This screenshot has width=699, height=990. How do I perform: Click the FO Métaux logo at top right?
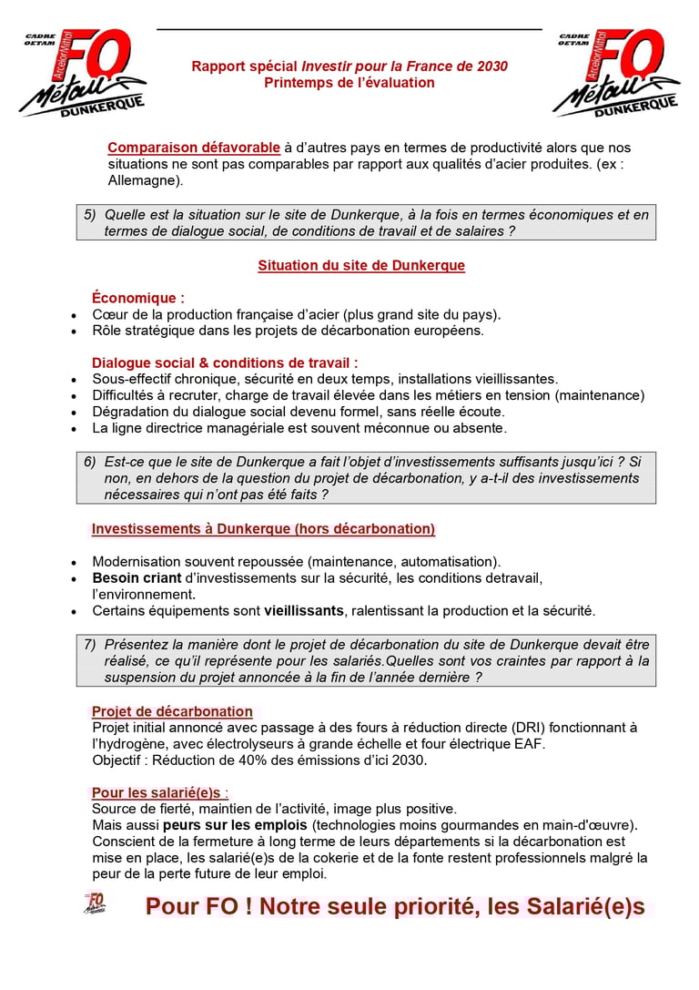point(617,73)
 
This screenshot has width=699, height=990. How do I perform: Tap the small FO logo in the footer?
point(95,903)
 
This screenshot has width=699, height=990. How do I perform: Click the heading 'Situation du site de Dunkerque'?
point(361,266)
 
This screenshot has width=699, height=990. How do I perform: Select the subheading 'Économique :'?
point(138,298)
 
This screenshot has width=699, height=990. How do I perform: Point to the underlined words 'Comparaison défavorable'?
point(194,148)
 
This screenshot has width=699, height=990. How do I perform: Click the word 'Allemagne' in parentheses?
point(143,180)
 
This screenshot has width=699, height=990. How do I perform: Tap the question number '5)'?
point(90,215)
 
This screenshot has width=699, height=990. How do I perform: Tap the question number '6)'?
point(90,462)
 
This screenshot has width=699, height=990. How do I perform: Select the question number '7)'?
point(90,644)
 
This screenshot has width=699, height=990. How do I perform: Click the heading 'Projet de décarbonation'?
point(172,711)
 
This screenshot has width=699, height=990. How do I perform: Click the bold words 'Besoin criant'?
point(136,577)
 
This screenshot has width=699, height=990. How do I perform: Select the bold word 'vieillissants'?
point(304,610)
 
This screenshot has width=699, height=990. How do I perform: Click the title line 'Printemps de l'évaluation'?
point(349,83)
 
